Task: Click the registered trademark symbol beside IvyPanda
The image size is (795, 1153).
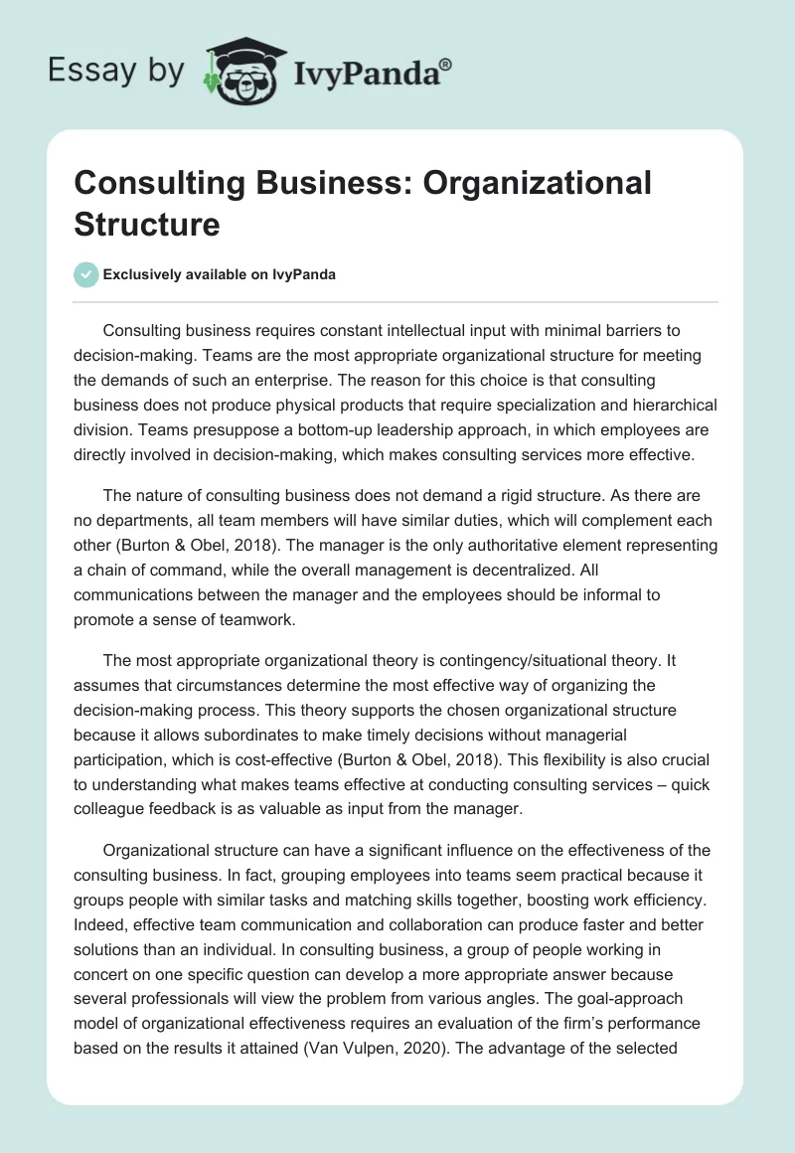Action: (447, 64)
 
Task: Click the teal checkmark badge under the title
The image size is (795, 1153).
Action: (86, 274)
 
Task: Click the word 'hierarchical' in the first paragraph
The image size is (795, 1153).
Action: (671, 406)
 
